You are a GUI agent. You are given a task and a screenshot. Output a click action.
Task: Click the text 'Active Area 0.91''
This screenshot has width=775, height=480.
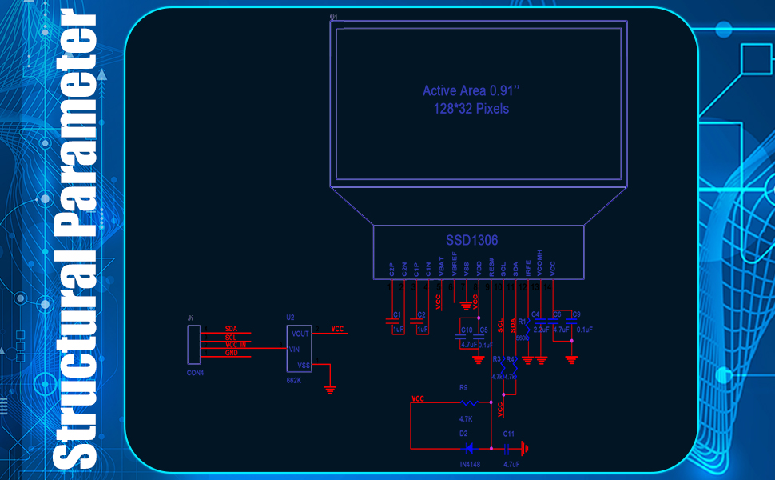pos(465,90)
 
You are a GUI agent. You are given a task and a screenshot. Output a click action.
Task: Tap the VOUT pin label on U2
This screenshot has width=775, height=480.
pos(300,334)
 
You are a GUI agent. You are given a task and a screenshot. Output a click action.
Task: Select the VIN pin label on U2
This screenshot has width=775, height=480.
pos(294,350)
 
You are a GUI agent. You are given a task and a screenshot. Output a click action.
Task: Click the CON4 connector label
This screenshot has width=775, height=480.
pos(196,373)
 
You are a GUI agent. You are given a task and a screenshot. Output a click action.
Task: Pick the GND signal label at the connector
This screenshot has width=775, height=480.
pos(231,353)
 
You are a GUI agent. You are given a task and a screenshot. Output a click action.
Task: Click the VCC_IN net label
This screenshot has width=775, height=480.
pos(236,345)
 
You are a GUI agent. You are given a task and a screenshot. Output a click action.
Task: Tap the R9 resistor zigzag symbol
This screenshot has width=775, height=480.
pos(470,404)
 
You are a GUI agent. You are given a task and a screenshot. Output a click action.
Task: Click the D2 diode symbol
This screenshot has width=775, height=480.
pos(469,448)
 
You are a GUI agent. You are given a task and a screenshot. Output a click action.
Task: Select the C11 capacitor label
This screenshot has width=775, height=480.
pos(509,434)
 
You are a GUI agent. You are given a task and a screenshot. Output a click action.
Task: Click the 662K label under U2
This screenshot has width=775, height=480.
pos(294,380)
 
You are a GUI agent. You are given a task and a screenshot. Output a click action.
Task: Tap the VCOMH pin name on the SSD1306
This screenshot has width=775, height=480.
pos(540,262)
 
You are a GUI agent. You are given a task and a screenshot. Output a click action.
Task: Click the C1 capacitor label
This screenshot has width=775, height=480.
pos(396,314)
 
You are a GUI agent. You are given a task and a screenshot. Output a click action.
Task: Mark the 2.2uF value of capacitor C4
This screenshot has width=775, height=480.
pos(539,329)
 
